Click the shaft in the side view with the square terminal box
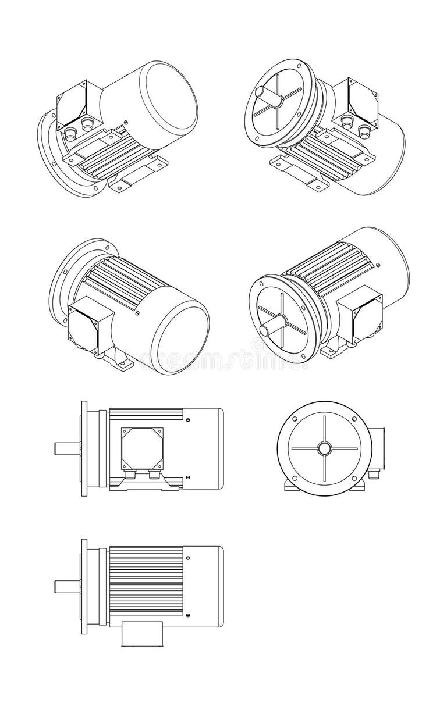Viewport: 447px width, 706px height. pyautogui.click(x=68, y=448)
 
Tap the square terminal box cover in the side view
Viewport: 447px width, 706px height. pyautogui.click(x=142, y=448)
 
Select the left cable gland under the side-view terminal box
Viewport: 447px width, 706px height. pyautogui.click(x=129, y=475)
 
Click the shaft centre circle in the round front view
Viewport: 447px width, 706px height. pyautogui.click(x=324, y=448)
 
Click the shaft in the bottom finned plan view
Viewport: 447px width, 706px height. pyautogui.click(x=68, y=586)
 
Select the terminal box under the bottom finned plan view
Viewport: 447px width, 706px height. pyautogui.click(x=141, y=633)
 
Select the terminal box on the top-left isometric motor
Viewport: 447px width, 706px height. pyautogui.click(x=73, y=105)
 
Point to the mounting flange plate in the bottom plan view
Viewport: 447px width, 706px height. pyautogui.click(x=84, y=586)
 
